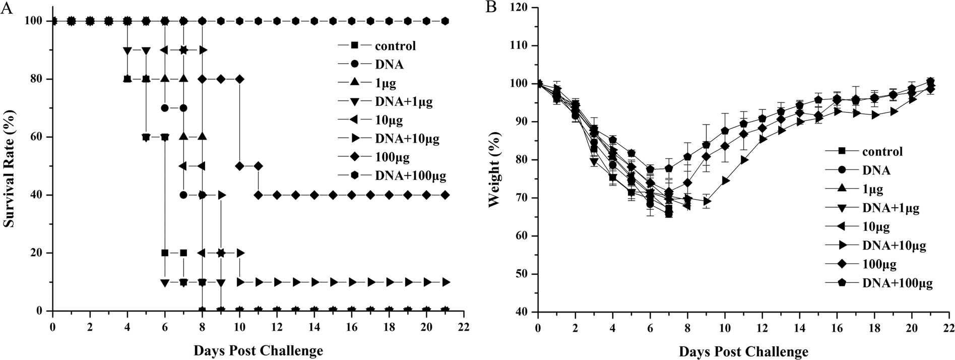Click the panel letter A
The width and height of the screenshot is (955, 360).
click(x=7, y=8)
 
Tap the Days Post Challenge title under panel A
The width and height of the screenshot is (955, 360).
click(x=257, y=349)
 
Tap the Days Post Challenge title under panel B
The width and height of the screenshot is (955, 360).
click(x=743, y=350)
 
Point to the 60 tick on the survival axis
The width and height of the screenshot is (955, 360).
click(x=38, y=137)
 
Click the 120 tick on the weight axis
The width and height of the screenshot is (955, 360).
click(x=523, y=8)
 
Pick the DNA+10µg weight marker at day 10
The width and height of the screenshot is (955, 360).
click(x=725, y=181)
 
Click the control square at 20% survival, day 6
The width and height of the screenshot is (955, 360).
click(x=165, y=253)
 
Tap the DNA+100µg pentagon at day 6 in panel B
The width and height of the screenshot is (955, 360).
click(x=650, y=169)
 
